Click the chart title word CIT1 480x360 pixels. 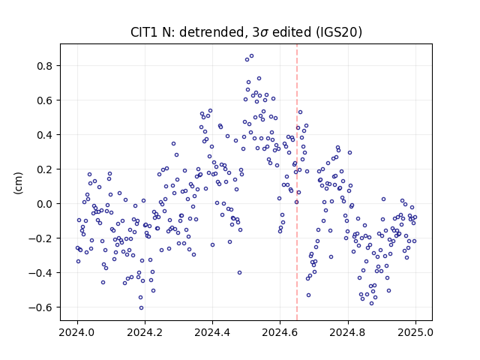point(143,31)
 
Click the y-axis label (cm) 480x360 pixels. point(18,183)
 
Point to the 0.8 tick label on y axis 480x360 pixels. point(44,66)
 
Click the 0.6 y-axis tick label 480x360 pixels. point(44,100)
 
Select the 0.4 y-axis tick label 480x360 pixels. point(44,135)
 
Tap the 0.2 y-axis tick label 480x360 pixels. point(44,169)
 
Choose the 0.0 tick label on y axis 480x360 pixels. point(44,204)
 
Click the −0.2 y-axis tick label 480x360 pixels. point(40,238)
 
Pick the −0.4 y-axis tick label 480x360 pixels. point(40,273)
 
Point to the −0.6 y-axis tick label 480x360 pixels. point(40,307)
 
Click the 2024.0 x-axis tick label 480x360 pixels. point(77,332)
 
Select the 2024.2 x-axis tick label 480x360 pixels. point(145,332)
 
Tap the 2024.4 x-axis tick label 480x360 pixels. point(212,332)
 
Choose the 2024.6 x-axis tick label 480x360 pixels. point(280,332)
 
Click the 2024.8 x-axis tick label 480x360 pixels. point(348,332)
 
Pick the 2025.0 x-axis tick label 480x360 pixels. point(415,332)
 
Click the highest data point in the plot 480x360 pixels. point(252,56)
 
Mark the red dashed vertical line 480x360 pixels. point(297,182)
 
